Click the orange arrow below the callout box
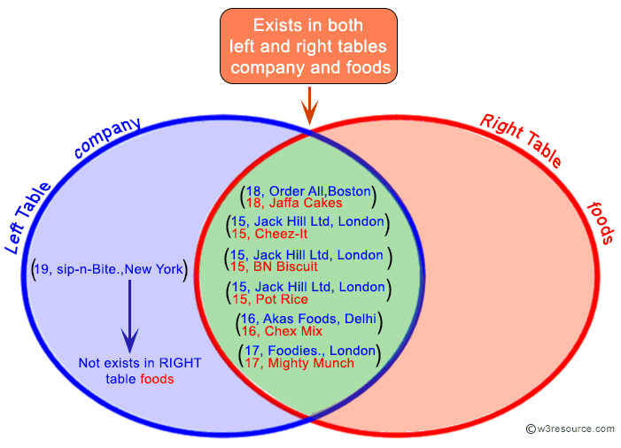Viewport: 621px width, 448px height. tap(309, 106)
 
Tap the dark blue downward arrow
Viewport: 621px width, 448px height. tap(129, 314)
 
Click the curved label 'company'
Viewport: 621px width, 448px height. tap(107, 138)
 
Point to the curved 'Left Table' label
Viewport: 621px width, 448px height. tap(28, 217)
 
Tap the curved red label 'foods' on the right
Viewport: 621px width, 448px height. tap(602, 221)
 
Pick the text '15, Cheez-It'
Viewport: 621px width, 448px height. tap(283, 233)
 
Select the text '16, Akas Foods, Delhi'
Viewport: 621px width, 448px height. tap(308, 319)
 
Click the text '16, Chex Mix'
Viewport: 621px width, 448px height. tap(283, 331)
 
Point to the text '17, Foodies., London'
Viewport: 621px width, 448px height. tap(310, 351)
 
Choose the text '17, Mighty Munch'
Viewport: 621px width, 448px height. tap(299, 363)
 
